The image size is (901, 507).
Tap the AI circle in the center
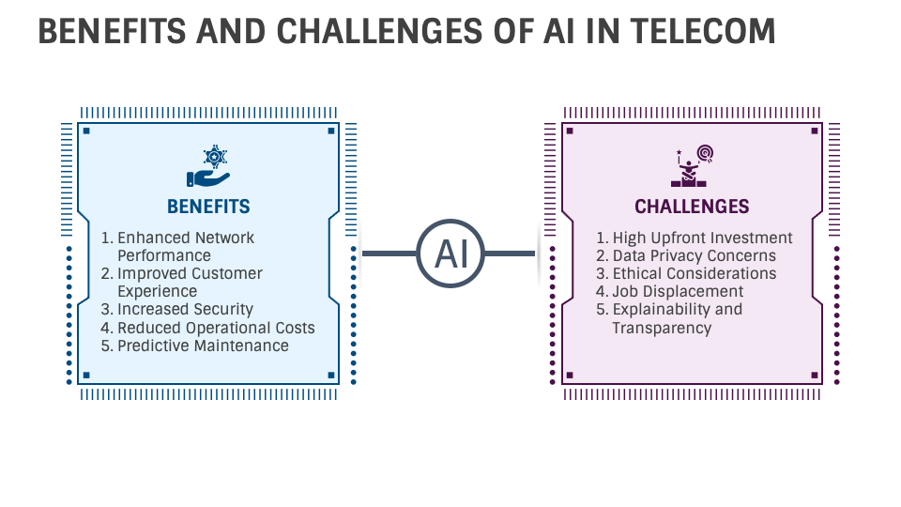pos(450,253)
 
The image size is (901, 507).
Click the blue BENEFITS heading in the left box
pos(208,207)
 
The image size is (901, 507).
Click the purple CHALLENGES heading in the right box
pos(692,207)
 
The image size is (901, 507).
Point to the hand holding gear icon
pos(208,167)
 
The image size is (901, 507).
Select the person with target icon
pos(693,166)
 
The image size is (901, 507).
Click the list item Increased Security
pos(185,309)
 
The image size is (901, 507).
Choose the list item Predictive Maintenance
pos(203,346)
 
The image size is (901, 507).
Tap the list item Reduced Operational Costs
pos(216,328)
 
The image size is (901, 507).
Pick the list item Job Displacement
pos(678,291)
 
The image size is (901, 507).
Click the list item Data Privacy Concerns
pos(694,255)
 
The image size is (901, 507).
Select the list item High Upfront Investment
pos(702,238)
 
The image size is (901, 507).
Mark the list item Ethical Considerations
pos(695,273)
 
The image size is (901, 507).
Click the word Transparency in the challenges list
pos(662,328)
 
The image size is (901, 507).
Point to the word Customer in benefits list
pos(227,273)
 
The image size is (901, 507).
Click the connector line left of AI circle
pos(389,253)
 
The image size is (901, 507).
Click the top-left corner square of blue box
pos(86,131)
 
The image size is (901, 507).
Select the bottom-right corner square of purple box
pos(815,376)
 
